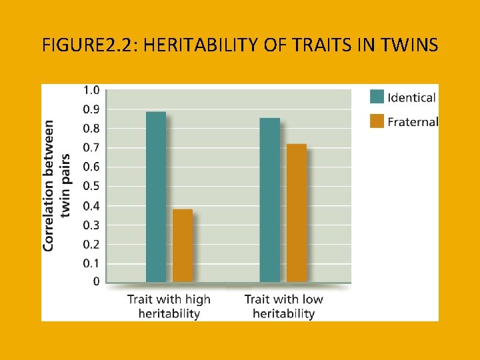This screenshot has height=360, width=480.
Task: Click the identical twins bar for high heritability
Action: (156, 197)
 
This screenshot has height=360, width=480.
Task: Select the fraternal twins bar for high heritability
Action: (182, 245)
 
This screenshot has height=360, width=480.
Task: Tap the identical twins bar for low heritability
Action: (270, 200)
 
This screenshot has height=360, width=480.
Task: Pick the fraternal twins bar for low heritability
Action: (296, 213)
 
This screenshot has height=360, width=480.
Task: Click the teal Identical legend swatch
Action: (377, 97)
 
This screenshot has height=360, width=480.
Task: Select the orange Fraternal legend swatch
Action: (377, 122)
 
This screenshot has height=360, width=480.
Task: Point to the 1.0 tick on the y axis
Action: (91, 90)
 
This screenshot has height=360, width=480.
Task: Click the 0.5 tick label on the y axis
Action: (91, 186)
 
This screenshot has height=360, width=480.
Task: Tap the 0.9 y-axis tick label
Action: (91, 109)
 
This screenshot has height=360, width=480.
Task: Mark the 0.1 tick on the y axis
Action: (91, 263)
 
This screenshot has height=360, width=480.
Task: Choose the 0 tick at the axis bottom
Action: (96, 282)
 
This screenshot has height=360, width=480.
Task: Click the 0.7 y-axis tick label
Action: (91, 147)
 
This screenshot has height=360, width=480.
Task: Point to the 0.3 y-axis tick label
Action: (91, 225)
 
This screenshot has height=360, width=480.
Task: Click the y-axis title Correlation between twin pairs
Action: (57, 185)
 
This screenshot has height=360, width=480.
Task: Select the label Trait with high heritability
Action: (169, 306)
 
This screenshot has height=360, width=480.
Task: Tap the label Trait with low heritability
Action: (283, 306)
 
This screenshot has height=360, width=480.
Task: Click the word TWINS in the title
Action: (411, 45)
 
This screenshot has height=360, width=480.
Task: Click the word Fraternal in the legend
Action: (413, 122)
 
